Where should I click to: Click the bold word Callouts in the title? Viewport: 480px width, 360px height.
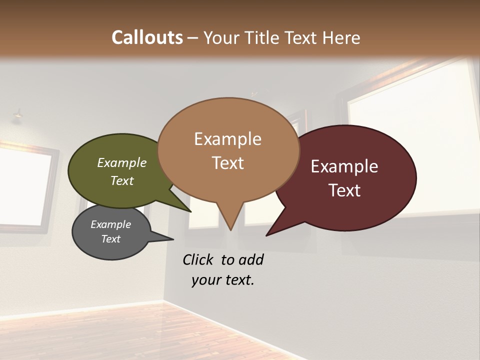(147, 37)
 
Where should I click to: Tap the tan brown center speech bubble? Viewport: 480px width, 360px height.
(228, 150)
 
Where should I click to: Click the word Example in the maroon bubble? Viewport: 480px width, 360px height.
(344, 166)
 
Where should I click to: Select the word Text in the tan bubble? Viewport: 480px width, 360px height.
(228, 163)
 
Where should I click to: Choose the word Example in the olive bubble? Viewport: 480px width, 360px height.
(122, 162)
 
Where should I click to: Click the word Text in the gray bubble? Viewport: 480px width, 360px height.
(111, 239)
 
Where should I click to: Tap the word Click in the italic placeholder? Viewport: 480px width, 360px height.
(199, 259)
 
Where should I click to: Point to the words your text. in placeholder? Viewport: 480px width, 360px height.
(223, 279)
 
